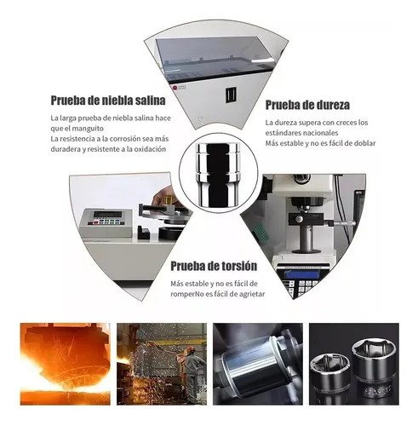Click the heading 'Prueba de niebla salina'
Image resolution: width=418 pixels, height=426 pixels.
(108, 101)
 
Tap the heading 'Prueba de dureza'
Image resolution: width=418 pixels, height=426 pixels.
(307, 105)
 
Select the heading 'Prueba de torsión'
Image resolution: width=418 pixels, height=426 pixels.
(214, 266)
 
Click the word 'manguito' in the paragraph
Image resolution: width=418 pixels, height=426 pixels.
(88, 129)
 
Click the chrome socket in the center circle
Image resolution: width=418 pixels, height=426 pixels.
(218, 174)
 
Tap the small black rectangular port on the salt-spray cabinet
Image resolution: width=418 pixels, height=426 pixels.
(232, 95)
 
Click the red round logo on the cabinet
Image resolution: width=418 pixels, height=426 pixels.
(175, 88)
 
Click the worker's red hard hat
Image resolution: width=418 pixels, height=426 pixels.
(190, 352)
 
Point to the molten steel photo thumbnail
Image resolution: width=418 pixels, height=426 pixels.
(65, 364)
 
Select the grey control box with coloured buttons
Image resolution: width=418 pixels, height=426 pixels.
(106, 222)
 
